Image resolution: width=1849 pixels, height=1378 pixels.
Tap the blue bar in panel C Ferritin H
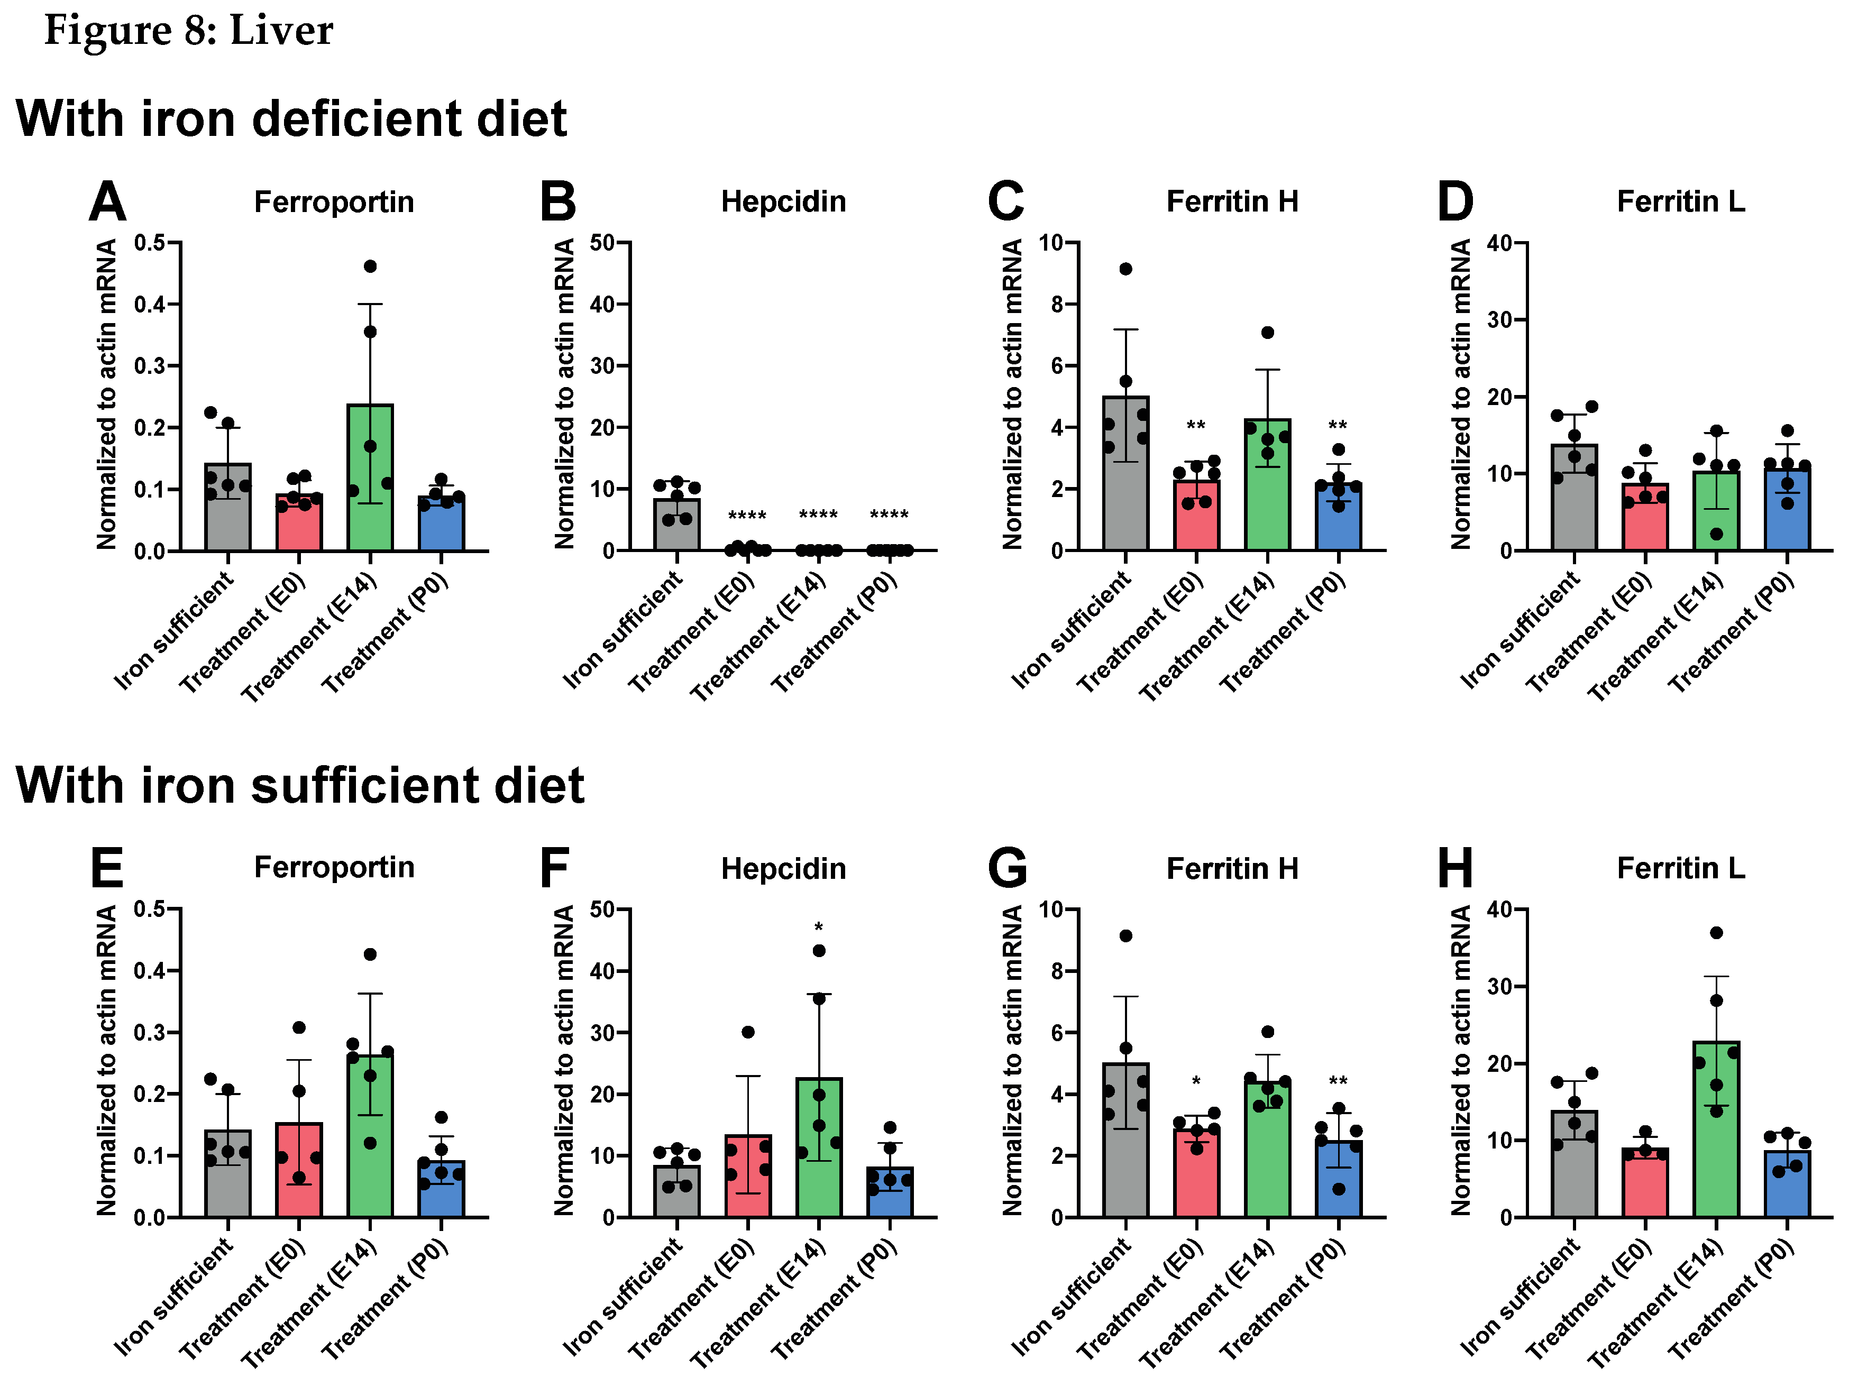[1338, 521]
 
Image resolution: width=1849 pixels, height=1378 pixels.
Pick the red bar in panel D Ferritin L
[1644, 521]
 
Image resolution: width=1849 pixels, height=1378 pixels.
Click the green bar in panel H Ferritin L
[1716, 1134]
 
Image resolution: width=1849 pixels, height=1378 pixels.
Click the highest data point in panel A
[370, 266]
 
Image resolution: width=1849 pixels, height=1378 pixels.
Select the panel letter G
[1006, 868]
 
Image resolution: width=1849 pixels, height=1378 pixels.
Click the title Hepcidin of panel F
[783, 868]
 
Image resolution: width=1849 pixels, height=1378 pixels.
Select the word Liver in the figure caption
[281, 30]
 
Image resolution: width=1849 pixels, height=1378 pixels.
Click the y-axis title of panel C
[1012, 394]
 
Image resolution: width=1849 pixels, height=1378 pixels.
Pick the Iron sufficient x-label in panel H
[1520, 1297]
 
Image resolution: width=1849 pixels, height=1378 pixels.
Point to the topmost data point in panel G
[1125, 935]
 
